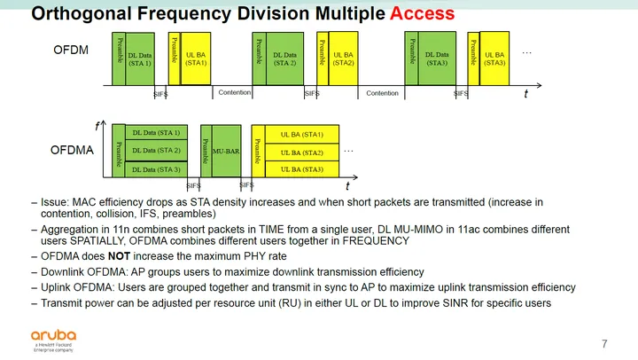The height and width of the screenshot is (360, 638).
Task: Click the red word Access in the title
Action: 416,14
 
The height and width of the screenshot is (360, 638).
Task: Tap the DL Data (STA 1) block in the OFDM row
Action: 141,59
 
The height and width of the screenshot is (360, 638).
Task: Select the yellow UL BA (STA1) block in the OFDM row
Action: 196,59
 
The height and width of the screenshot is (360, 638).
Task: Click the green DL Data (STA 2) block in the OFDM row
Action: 285,59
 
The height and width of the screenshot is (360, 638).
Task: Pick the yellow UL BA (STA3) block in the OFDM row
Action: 494,59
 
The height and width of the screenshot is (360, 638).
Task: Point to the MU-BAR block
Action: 227,152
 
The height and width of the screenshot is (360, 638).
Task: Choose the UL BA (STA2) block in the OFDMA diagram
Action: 301,152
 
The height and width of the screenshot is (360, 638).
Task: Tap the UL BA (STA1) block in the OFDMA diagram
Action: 301,135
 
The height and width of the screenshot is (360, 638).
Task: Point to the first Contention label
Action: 234,92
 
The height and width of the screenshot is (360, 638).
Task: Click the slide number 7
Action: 604,343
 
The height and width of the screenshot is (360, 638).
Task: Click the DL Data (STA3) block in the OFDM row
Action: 438,59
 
